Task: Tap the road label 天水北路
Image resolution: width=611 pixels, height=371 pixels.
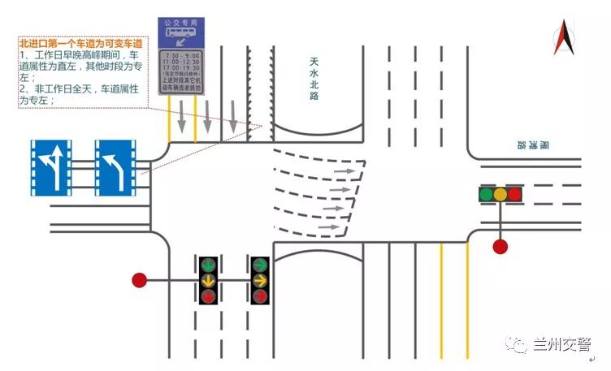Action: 314,79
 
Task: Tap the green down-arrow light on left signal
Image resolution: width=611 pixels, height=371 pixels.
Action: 209,265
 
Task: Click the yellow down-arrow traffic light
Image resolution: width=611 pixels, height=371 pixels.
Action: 209,281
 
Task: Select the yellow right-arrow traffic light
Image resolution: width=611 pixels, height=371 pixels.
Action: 260,281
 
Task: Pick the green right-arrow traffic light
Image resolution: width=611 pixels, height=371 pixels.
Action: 260,265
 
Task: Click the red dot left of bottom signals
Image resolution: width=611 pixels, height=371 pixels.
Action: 140,281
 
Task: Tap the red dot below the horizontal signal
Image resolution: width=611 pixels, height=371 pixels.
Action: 500,246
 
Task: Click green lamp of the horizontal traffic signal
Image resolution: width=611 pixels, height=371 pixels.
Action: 486,194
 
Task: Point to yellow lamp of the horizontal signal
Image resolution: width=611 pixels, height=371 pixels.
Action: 500,194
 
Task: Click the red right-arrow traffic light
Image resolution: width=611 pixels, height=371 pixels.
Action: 260,296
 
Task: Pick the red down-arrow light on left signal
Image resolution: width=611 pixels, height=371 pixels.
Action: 209,296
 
